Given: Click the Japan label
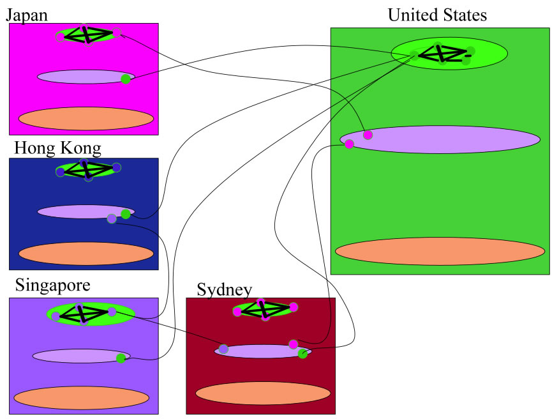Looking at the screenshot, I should pyautogui.click(x=27, y=15).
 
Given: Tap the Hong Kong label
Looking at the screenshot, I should pyautogui.click(x=57, y=148).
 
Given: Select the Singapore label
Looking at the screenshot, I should pyautogui.click(x=52, y=284).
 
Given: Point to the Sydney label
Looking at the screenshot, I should pyautogui.click(x=225, y=290).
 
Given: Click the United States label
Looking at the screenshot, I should pyautogui.click(x=437, y=15).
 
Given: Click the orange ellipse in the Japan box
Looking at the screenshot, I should pyautogui.click(x=86, y=118).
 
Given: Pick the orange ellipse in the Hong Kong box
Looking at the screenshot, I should pyautogui.click(x=86, y=254).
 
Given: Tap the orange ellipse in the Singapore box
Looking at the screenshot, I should pyautogui.click(x=81, y=398).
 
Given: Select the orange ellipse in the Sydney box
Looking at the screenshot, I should pyautogui.click(x=254, y=393).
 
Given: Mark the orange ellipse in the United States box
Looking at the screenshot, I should pyautogui.click(x=440, y=251).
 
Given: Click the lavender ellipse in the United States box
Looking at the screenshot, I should pyautogui.click(x=447, y=140).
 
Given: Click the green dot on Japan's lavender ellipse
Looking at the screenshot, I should pyautogui.click(x=126, y=79).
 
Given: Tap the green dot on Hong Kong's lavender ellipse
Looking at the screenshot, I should pyautogui.click(x=126, y=214).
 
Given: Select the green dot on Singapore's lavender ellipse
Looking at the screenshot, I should pyautogui.click(x=121, y=358).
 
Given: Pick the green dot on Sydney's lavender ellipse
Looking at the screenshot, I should pyautogui.click(x=302, y=354).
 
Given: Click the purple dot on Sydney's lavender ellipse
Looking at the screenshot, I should pyautogui.click(x=223, y=349).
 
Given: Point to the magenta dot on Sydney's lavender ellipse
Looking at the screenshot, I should pyautogui.click(x=293, y=344).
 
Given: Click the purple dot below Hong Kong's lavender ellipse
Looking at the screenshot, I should pyautogui.click(x=112, y=219).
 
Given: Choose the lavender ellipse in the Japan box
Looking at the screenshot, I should pyautogui.click(x=80, y=77).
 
